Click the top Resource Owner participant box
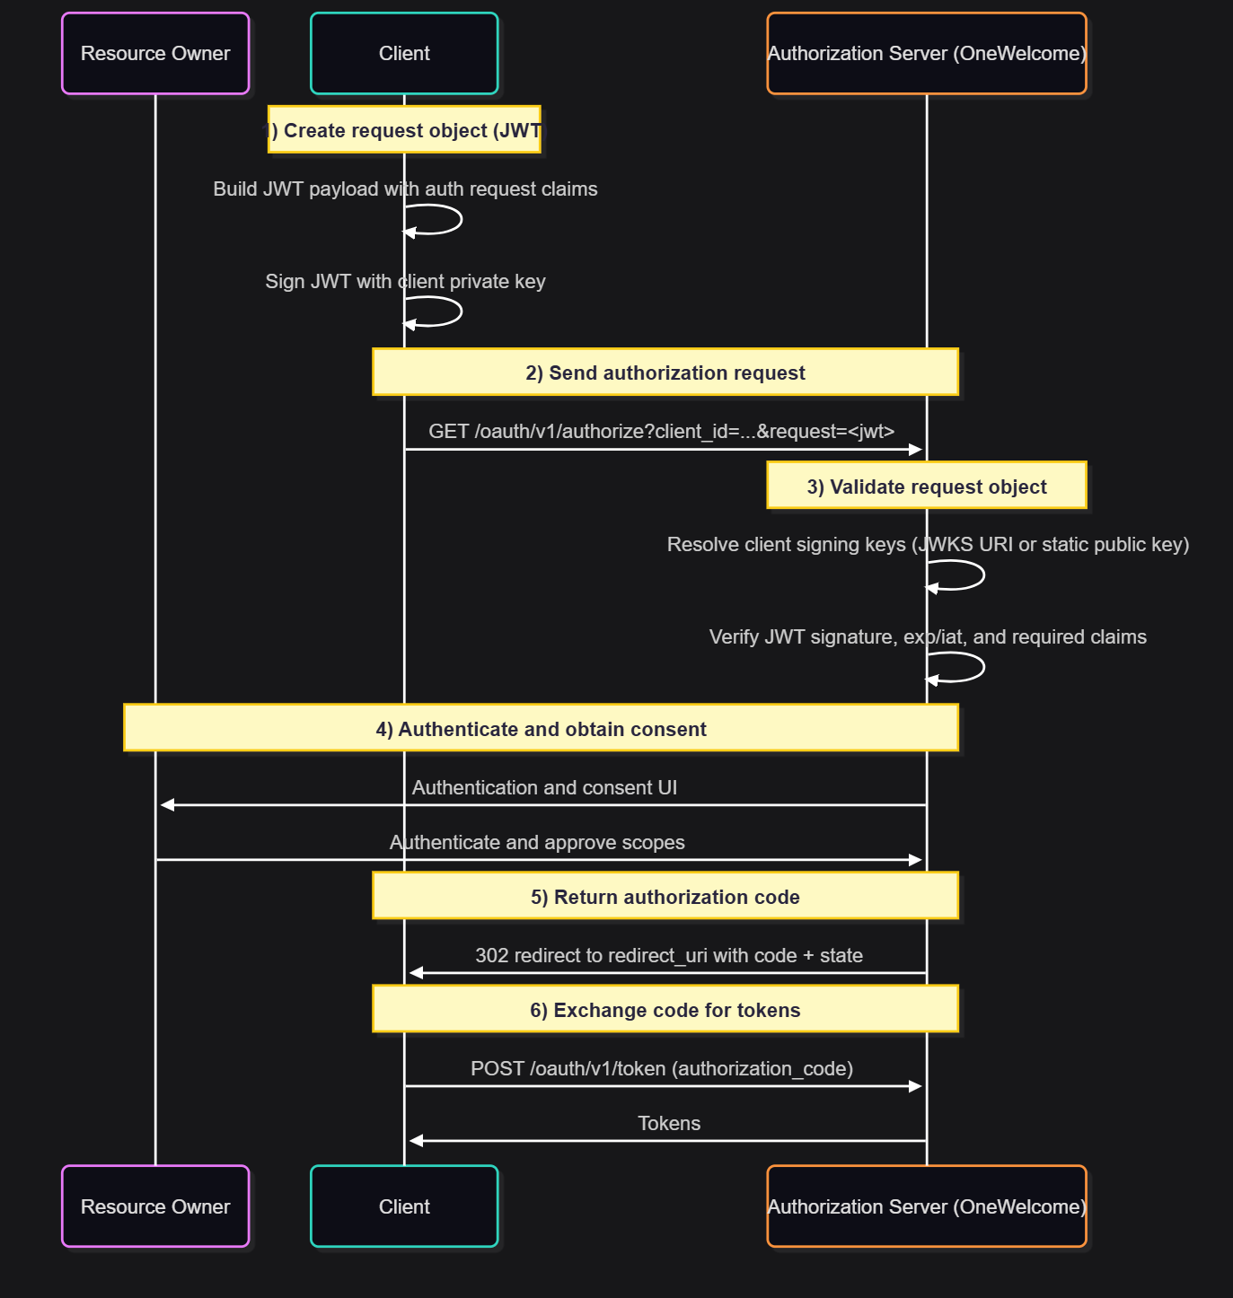click(155, 53)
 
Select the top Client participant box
click(404, 53)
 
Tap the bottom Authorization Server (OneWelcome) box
click(927, 1206)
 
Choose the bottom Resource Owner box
click(155, 1206)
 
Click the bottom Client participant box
click(404, 1206)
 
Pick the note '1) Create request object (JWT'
click(404, 130)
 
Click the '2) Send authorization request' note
click(665, 373)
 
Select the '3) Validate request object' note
click(927, 487)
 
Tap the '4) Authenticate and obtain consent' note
click(541, 728)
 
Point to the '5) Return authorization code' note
click(665, 896)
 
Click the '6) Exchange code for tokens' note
click(665, 1009)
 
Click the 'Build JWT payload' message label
click(405, 189)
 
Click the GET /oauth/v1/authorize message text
click(662, 431)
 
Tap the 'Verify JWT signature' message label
click(928, 636)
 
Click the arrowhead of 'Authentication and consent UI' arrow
click(167, 805)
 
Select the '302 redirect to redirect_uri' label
click(669, 955)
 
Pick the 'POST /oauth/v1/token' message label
click(662, 1068)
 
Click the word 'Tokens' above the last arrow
click(669, 1123)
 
